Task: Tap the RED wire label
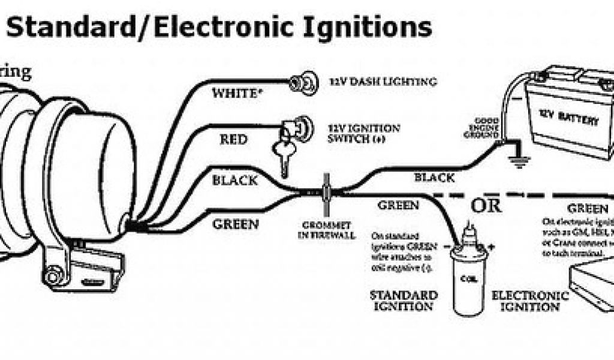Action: pyautogui.click(x=233, y=140)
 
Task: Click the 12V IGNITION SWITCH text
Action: pyautogui.click(x=364, y=133)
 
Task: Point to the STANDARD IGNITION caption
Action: pyautogui.click(x=403, y=301)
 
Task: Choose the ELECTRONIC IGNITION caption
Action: pyautogui.click(x=529, y=301)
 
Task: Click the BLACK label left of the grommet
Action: pyautogui.click(x=235, y=180)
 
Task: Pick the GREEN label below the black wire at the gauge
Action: pyautogui.click(x=236, y=224)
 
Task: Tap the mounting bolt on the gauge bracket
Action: pyautogui.click(x=55, y=277)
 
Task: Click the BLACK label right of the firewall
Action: pyautogui.click(x=434, y=177)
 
